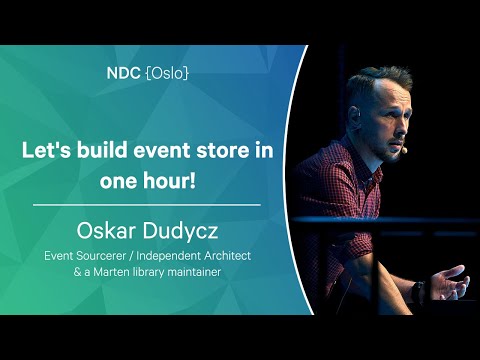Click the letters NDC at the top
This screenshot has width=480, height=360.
(x=122, y=73)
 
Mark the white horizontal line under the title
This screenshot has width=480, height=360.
(x=146, y=205)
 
